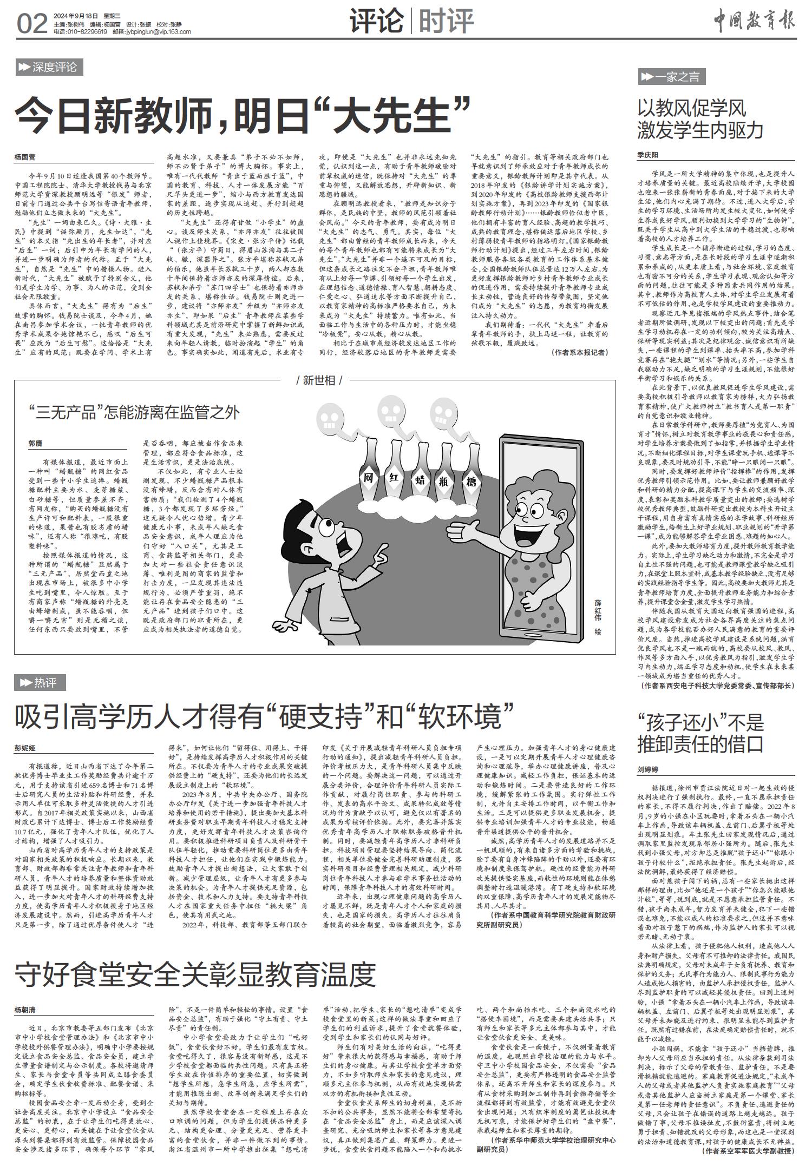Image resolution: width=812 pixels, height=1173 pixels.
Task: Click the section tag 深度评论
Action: [x=48, y=68]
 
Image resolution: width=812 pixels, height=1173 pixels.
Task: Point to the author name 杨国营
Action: [x=25, y=157]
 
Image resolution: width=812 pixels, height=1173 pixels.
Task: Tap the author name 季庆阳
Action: [x=648, y=155]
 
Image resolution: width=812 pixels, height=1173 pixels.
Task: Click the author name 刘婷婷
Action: [x=648, y=769]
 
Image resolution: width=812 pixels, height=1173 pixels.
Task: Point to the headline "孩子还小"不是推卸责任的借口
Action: [x=700, y=734]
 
